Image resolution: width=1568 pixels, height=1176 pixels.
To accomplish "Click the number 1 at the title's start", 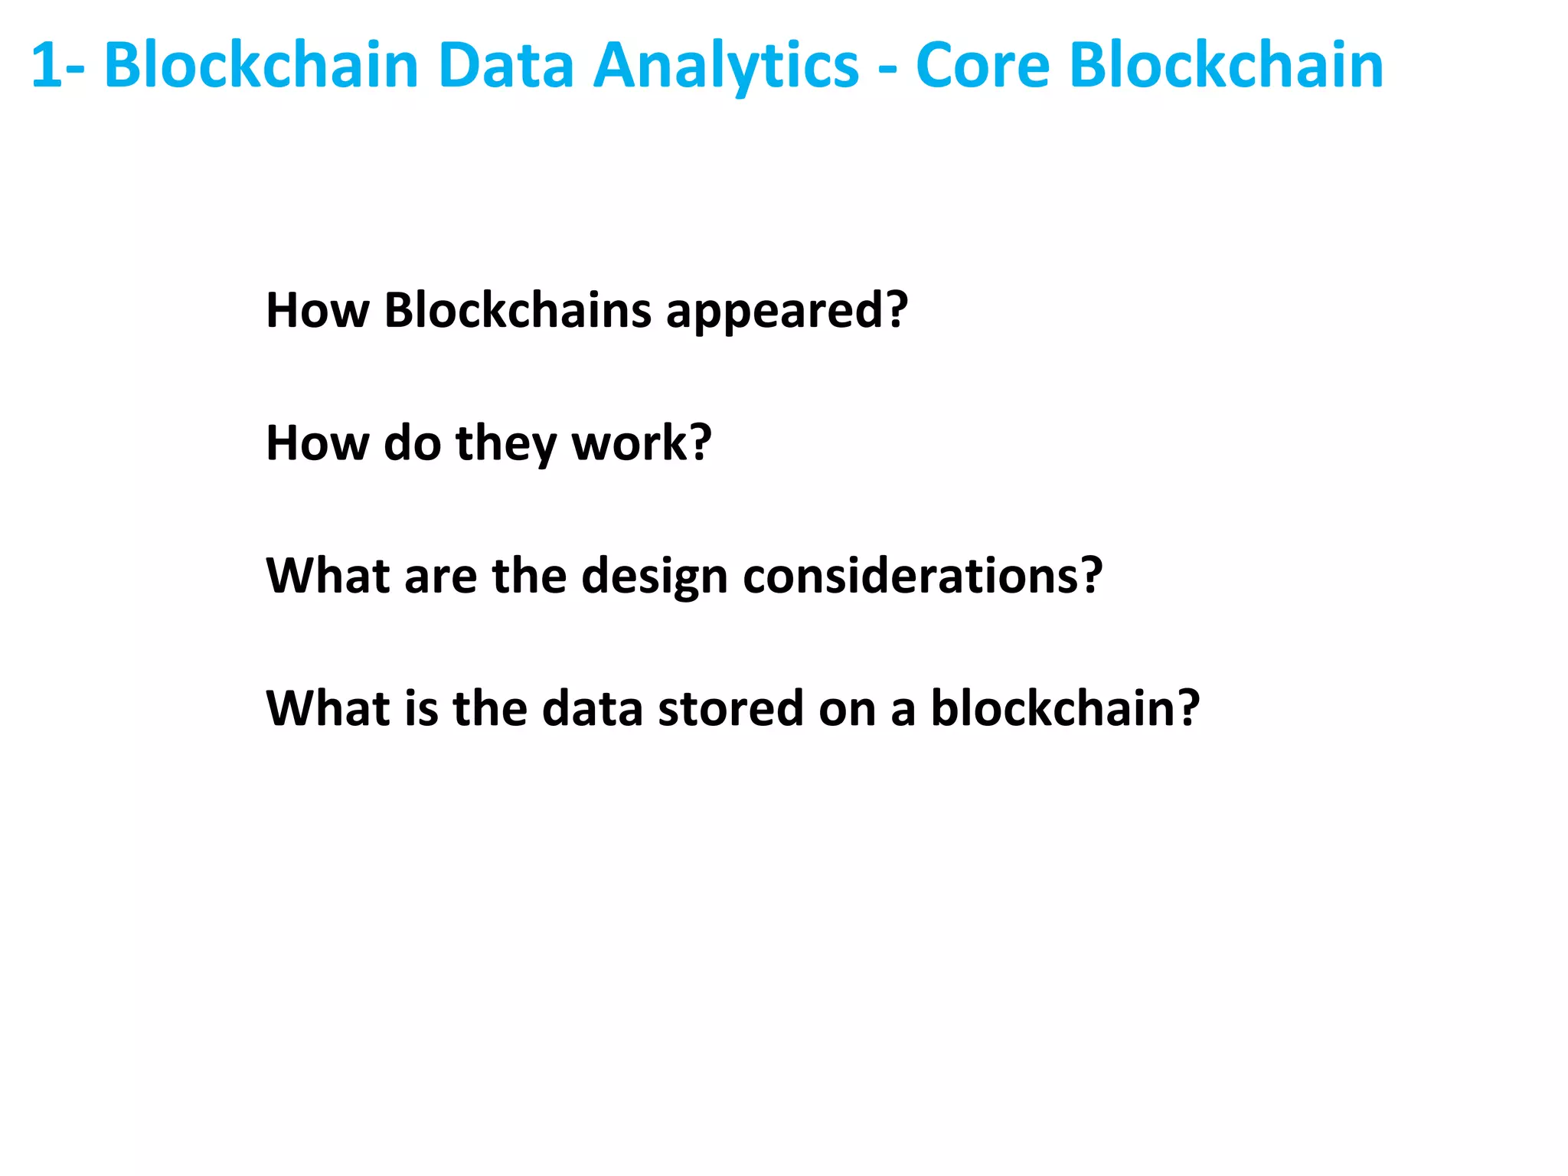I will click(x=46, y=66).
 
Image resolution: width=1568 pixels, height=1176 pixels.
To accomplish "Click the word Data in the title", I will click(x=506, y=66).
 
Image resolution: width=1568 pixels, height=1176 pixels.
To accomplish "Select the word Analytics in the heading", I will click(x=727, y=67).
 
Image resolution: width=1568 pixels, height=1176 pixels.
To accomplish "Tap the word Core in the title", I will click(x=982, y=66).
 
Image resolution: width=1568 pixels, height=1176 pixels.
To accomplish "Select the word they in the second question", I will click(x=506, y=444).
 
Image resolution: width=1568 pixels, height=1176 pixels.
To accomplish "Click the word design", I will click(x=654, y=577).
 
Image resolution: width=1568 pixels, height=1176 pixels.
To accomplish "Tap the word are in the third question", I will click(x=440, y=577).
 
